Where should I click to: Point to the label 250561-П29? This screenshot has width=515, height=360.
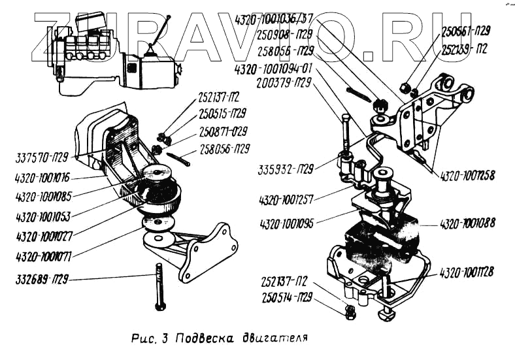tap(466, 30)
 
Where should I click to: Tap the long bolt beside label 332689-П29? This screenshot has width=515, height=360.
tap(159, 287)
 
